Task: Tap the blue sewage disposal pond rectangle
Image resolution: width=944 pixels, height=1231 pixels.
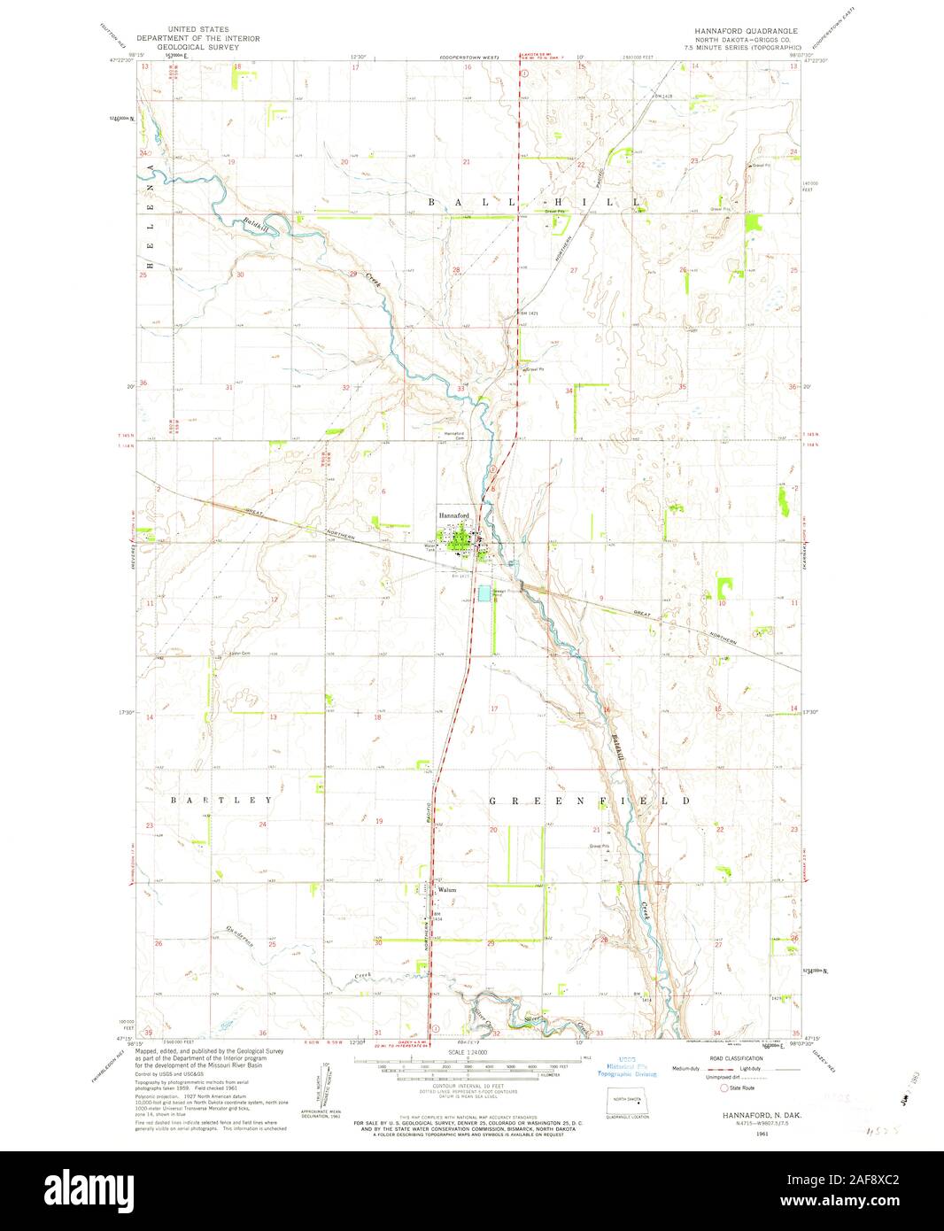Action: [484, 592]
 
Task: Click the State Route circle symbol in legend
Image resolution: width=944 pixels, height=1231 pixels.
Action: [723, 1087]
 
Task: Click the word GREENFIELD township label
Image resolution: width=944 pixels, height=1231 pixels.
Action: [590, 800]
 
